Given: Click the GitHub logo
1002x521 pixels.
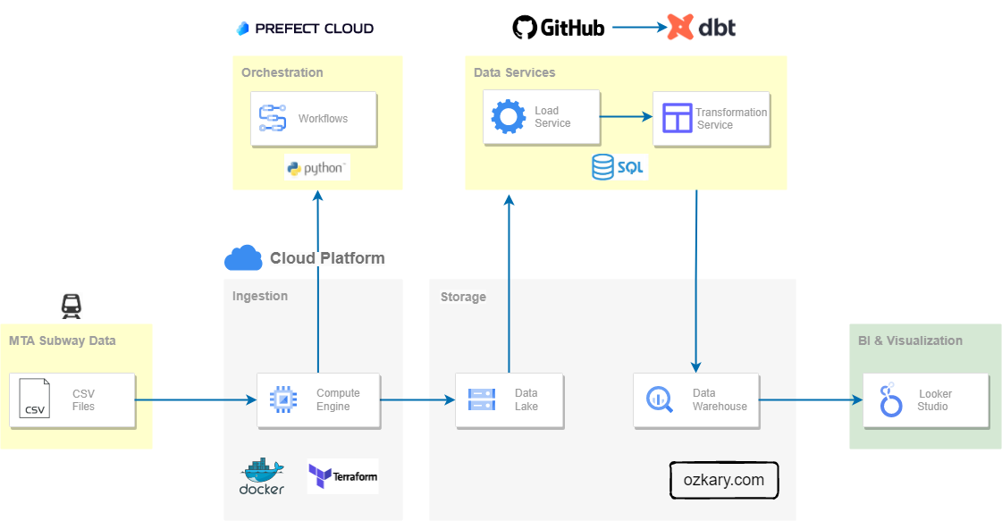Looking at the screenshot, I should click(559, 28).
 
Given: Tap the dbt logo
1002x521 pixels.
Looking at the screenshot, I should click(701, 28).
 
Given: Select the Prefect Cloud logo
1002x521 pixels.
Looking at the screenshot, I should click(305, 28).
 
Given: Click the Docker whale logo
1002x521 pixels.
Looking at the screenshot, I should click(262, 476).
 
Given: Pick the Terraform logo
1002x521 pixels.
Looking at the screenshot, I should click(342, 476).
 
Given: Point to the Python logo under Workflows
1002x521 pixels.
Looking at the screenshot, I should click(316, 168).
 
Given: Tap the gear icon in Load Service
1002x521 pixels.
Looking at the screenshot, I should click(509, 117).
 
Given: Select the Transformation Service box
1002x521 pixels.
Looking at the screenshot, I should click(711, 118).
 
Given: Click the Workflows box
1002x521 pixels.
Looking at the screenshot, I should click(313, 118).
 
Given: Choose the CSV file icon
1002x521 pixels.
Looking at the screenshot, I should click(34, 399).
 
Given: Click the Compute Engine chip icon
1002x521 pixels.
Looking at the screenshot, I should click(282, 399).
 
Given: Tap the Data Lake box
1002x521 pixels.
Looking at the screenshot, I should click(509, 399).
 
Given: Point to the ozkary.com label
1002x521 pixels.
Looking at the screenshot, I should click(724, 480).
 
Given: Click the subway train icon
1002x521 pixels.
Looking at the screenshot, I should click(72, 306).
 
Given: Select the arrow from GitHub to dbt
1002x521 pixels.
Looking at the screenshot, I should click(639, 28).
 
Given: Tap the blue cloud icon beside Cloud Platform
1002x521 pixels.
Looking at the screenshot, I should click(243, 258).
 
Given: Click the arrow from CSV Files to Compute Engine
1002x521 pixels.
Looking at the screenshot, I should click(197, 399).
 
